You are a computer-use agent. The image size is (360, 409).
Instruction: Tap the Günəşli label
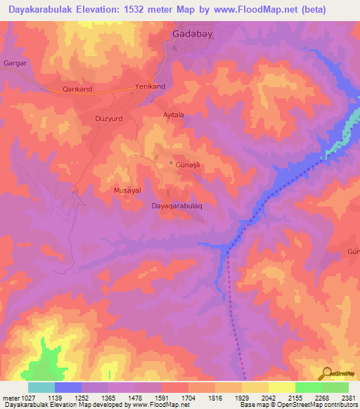point(188,164)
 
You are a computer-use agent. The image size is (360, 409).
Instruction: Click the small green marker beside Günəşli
point(171,164)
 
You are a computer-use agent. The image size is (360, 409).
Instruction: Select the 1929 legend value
point(242,397)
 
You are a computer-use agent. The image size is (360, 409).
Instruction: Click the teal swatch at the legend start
point(41,387)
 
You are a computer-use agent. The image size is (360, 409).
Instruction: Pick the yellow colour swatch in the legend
point(281,387)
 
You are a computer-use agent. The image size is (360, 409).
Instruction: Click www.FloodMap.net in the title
point(268,10)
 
